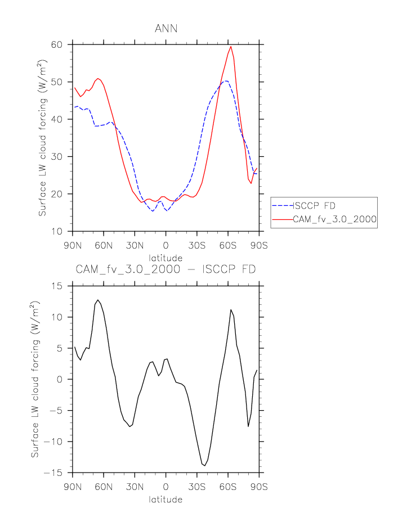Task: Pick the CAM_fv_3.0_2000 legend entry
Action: [334, 220]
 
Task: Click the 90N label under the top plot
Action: [73, 246]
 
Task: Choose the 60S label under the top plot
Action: [228, 246]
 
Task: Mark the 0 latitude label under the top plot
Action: [166, 246]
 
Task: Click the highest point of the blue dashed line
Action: [226, 80]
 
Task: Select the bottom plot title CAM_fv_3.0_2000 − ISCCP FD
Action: [166, 269]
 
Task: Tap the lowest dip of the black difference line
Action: [204, 466]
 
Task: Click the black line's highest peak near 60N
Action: [98, 300]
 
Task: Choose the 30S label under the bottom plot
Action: [197, 487]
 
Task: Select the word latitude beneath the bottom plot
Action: [166, 500]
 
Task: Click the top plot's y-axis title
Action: [43, 147]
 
